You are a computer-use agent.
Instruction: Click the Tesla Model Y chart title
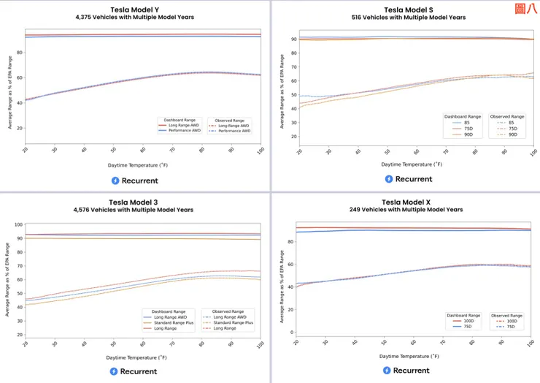click(135, 10)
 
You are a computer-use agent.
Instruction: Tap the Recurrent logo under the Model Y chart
click(134, 181)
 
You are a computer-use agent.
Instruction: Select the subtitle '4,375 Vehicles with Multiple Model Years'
click(135, 17)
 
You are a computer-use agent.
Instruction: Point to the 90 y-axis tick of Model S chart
click(293, 39)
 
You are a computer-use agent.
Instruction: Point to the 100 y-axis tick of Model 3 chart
click(19, 225)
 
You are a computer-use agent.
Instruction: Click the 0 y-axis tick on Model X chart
click(293, 333)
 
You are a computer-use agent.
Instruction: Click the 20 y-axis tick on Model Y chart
click(19, 129)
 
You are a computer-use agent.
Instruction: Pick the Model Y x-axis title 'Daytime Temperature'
click(135, 165)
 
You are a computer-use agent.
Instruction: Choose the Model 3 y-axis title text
click(7, 280)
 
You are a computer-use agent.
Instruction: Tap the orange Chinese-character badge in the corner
click(524, 10)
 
